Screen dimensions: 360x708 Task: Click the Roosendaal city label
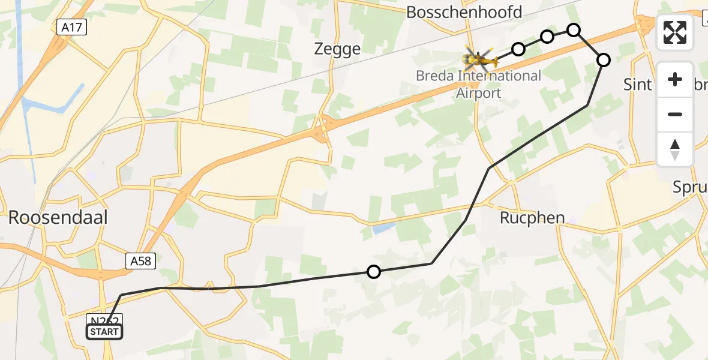click(58, 217)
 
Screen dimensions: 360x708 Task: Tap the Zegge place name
click(337, 49)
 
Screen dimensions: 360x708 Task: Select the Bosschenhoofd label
click(464, 12)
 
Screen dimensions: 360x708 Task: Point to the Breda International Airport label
click(479, 84)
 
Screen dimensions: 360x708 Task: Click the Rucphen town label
click(532, 217)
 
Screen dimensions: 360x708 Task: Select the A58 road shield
click(142, 260)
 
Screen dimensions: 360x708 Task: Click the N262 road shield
click(105, 320)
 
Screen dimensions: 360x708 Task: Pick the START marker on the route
click(104, 332)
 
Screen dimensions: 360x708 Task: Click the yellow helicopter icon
click(480, 59)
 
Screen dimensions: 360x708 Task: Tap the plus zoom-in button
click(675, 80)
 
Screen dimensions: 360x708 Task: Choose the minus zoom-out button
click(675, 114)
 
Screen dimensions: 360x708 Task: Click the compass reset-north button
click(675, 149)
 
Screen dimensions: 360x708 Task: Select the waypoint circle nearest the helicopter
click(518, 49)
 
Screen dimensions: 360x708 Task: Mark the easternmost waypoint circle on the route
click(604, 59)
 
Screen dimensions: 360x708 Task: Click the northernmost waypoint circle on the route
click(574, 29)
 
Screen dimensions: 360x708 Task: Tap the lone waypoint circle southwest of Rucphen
click(374, 272)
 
